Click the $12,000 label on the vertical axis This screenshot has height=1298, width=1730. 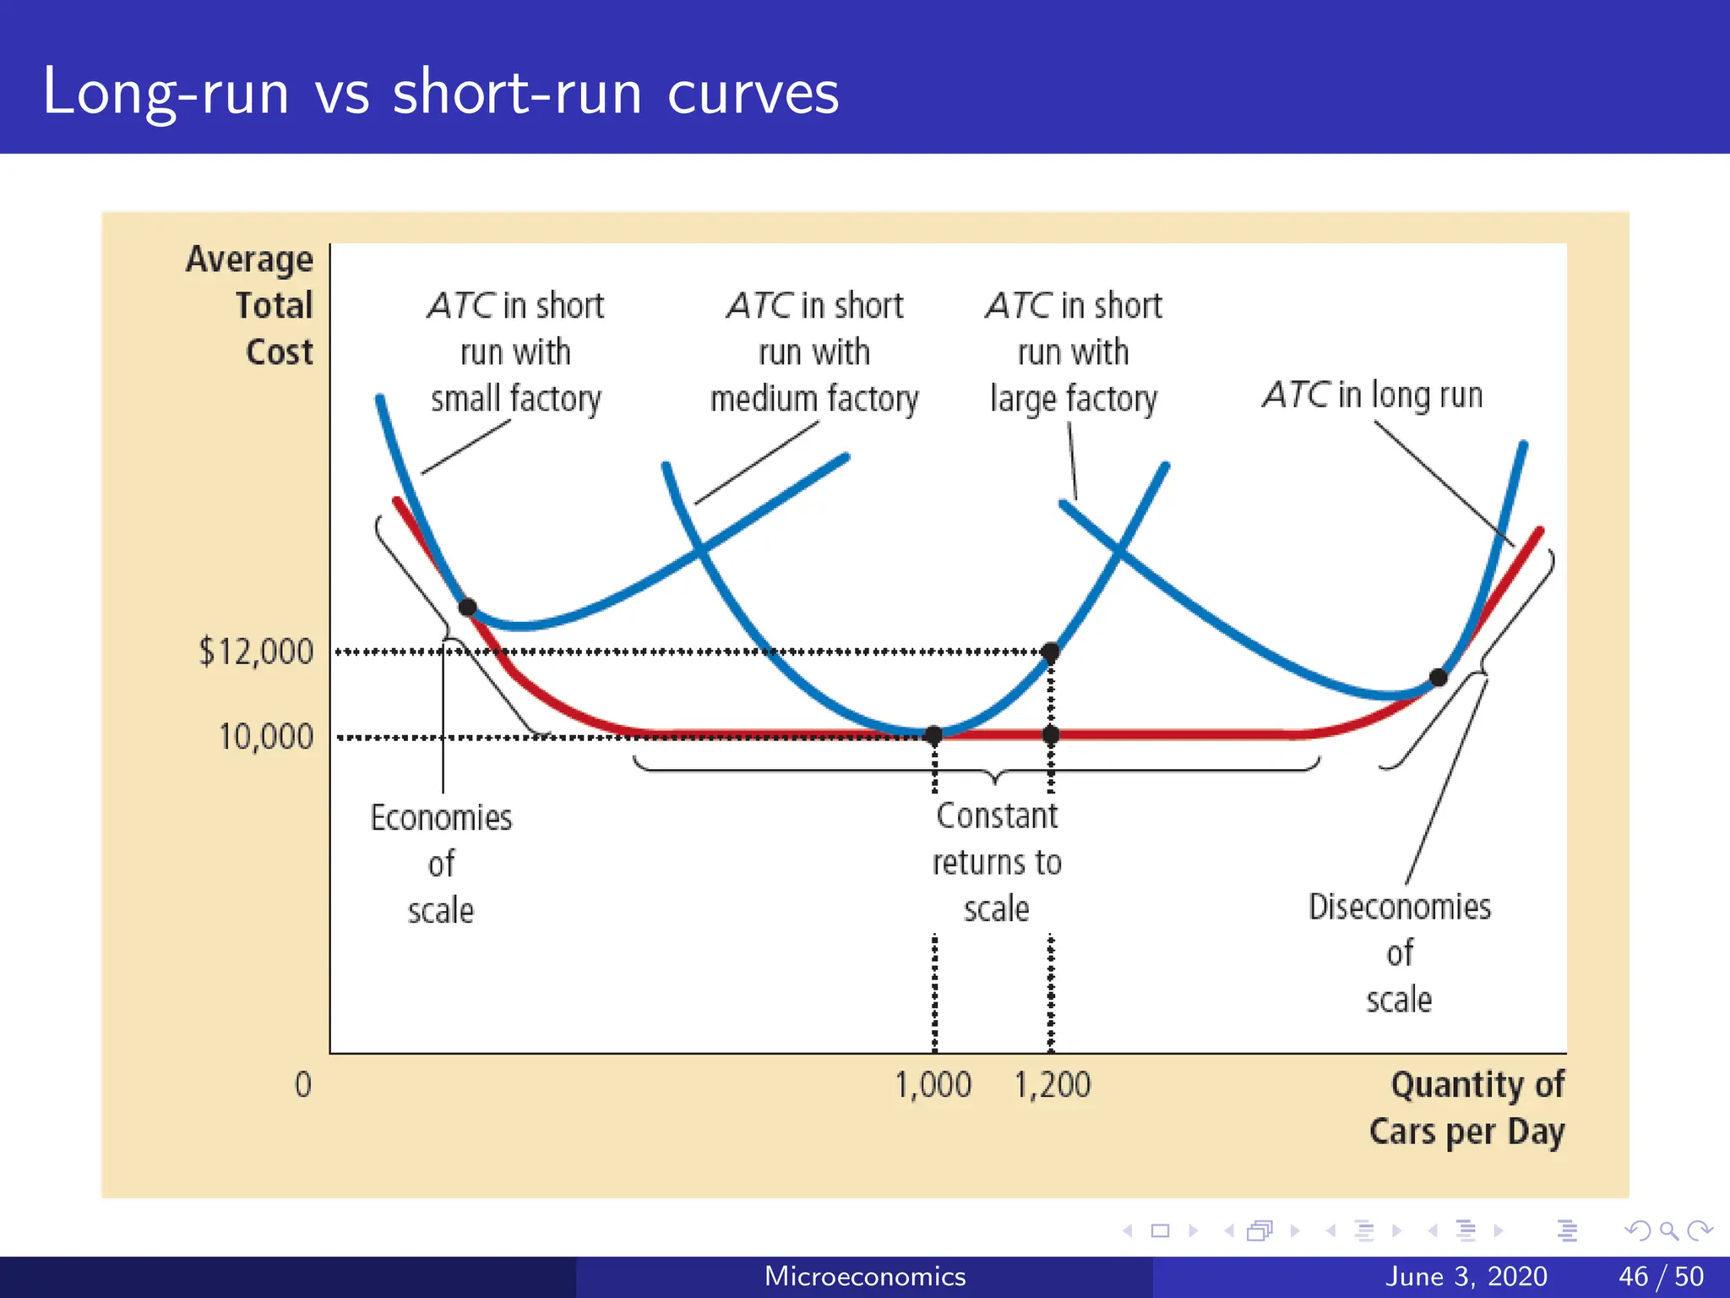coord(255,652)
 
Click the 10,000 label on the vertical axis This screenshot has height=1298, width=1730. coord(265,737)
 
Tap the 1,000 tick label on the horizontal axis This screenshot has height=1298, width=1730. coord(933,1085)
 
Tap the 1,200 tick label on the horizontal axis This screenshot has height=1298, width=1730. coord(1052,1085)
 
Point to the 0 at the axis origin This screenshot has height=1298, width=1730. coord(302,1085)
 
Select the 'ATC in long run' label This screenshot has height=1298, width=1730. coord(1373,395)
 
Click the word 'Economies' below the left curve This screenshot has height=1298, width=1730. coord(441,818)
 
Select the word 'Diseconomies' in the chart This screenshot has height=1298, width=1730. coord(1400,907)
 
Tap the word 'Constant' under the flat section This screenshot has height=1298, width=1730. coord(997,816)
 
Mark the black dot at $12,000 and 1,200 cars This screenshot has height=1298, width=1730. coord(1050,652)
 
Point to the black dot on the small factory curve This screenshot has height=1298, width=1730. coord(467,607)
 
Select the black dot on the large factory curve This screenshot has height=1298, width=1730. coord(1438,677)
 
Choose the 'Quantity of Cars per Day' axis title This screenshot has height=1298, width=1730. coord(1467,1108)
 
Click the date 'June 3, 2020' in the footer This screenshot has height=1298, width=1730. coord(1466,1276)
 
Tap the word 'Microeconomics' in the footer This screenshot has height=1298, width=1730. coord(864,1276)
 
